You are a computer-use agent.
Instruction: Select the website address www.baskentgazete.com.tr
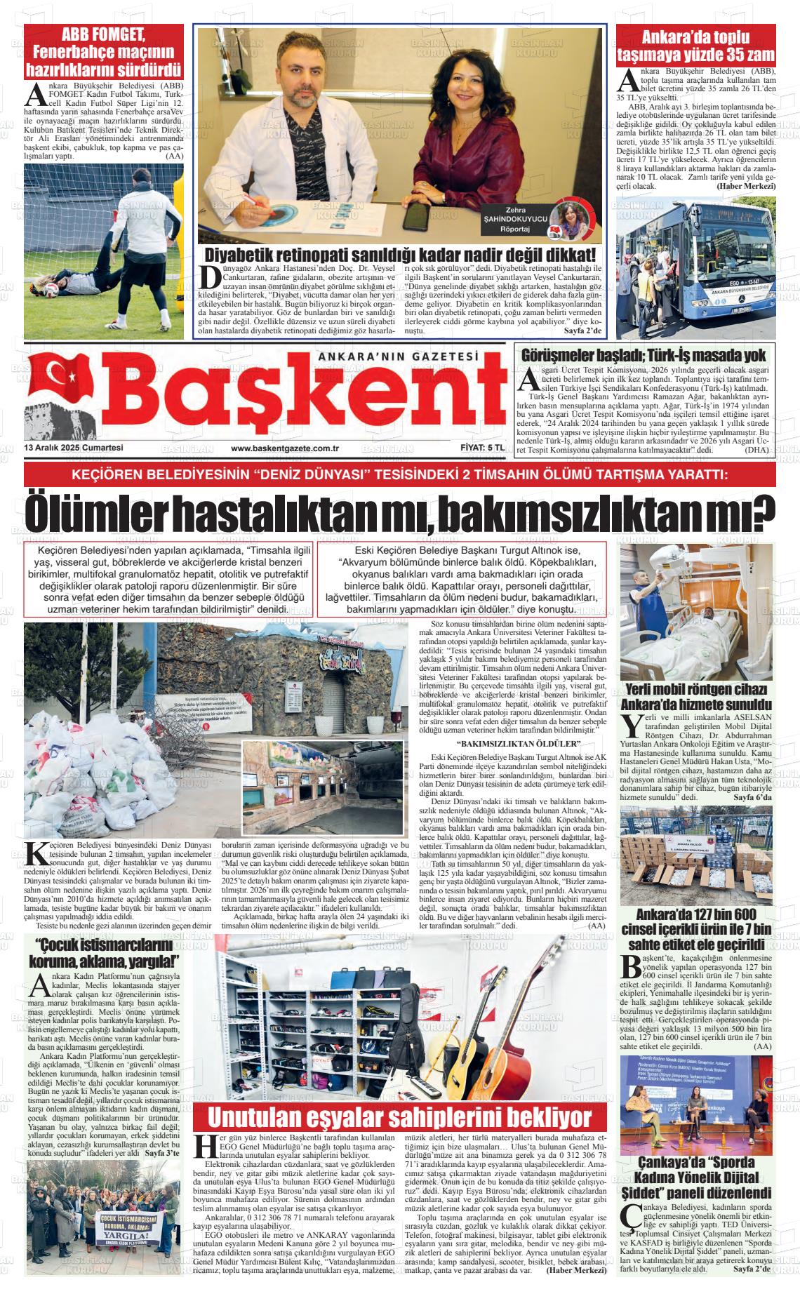[285, 448]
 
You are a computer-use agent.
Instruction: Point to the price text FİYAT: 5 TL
[477, 448]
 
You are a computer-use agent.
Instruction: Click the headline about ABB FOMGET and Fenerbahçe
[103, 53]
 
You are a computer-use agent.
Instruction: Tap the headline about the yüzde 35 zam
[695, 46]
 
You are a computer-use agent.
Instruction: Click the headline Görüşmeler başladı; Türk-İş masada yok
[644, 355]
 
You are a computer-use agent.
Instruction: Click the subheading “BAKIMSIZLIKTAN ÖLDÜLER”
[518, 744]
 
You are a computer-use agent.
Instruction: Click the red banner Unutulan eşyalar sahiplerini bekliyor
[400, 1116]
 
